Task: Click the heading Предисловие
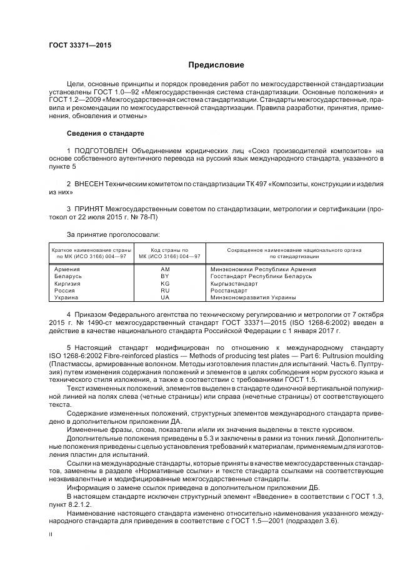216,65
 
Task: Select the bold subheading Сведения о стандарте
105,134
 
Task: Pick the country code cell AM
165,269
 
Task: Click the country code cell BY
165,276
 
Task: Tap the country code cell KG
165,283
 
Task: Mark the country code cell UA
165,297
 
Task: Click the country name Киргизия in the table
68,283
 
